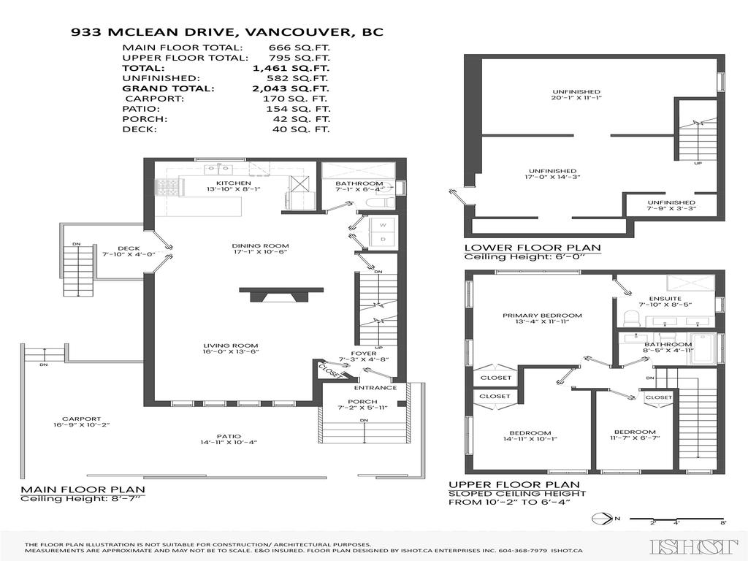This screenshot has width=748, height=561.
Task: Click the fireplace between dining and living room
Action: [280, 294]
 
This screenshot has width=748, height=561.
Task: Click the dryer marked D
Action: [381, 240]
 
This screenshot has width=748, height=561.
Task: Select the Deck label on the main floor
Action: [128, 249]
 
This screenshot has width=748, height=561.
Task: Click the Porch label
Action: [362, 402]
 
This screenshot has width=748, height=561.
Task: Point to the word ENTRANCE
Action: [375, 388]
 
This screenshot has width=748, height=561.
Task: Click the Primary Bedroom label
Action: [542, 316]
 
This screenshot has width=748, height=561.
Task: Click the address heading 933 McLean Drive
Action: [226, 32]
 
